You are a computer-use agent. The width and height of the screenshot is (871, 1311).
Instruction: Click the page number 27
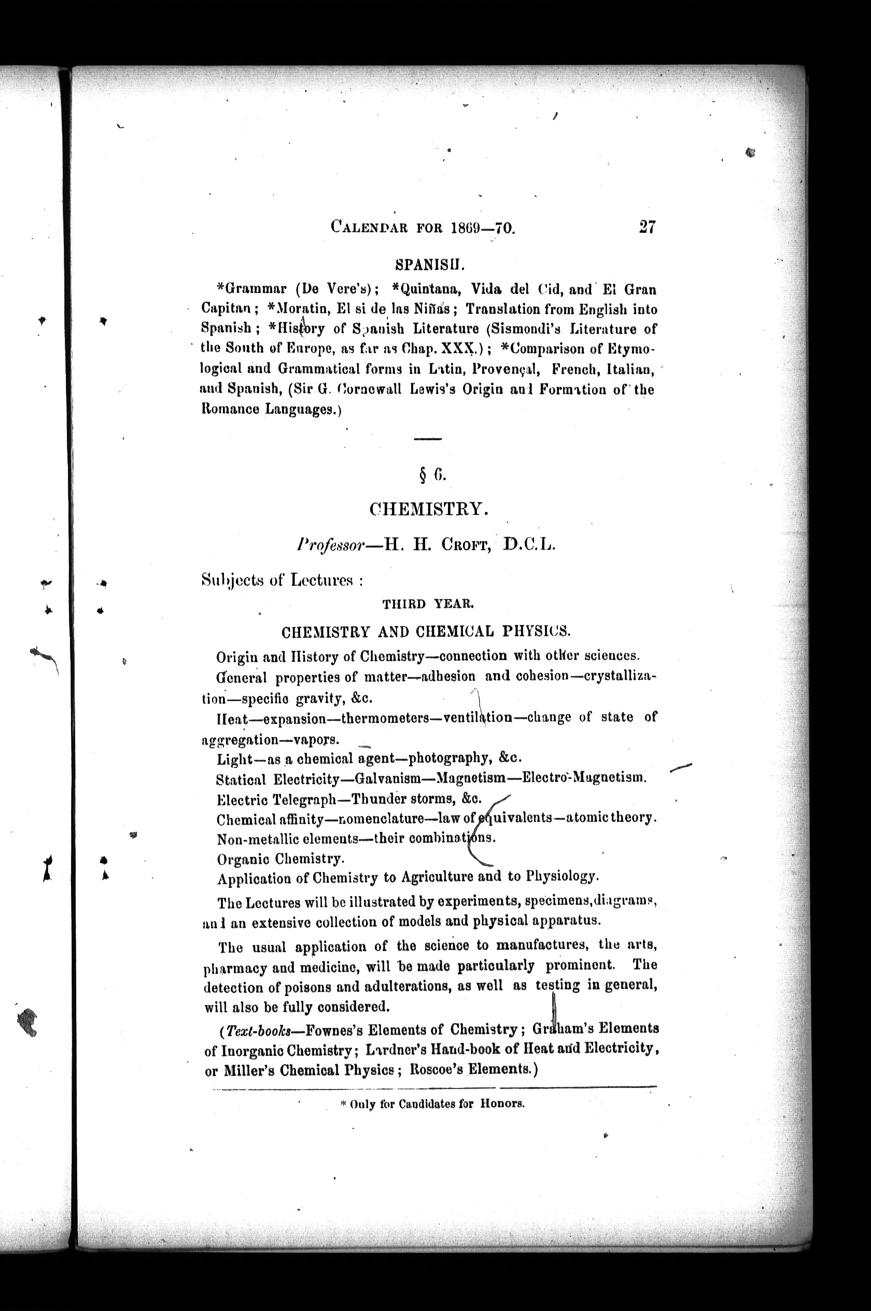pos(647,227)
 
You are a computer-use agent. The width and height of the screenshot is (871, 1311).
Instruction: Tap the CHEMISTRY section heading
pos(429,509)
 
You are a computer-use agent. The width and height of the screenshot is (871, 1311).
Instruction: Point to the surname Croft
pos(465,545)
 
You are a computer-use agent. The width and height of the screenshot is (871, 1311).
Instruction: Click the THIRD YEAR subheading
pos(428,604)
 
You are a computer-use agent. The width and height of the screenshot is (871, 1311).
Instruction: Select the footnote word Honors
pos(502,1104)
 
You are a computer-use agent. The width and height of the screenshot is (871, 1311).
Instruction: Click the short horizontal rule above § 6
pos(428,439)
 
